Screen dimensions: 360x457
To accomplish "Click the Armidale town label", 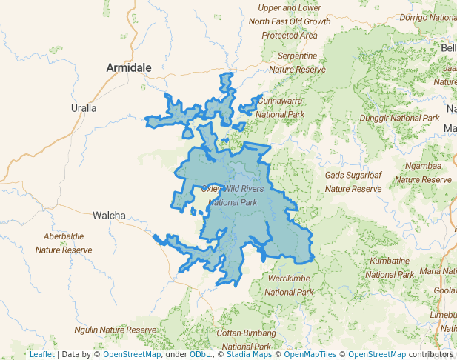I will (129, 67).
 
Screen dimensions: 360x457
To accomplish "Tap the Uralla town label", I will (84, 107).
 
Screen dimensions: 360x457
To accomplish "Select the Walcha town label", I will (109, 216).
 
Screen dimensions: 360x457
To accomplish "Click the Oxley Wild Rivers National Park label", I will (233, 196).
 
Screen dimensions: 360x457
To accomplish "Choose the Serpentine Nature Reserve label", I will (297, 62).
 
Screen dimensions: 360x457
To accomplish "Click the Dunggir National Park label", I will (399, 118).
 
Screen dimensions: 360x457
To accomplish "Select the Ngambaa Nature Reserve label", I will (423, 173).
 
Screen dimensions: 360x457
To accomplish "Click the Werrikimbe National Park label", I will (293, 286).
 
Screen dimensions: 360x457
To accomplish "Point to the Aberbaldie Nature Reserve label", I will (64, 243).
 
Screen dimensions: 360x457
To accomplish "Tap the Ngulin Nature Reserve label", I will (116, 329).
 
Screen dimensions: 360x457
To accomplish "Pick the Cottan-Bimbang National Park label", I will (247, 339).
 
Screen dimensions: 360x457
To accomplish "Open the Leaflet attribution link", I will (42, 354).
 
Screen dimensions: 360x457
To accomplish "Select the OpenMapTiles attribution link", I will (310, 354).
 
